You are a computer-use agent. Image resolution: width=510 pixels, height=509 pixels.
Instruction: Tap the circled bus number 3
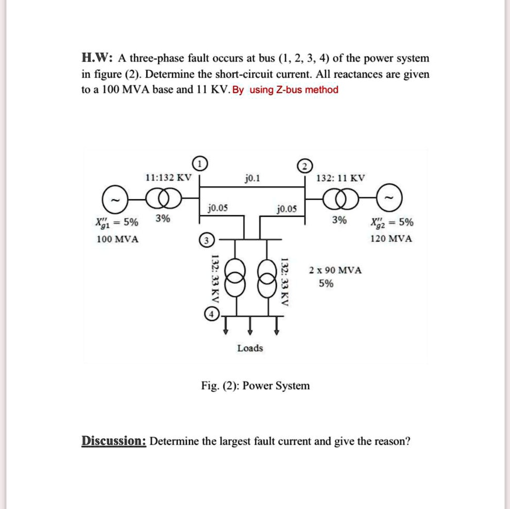pos(205,240)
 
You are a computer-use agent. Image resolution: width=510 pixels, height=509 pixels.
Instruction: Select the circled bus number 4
pos(211,314)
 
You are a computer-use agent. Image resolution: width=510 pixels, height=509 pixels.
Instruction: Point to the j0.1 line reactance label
pos(253,178)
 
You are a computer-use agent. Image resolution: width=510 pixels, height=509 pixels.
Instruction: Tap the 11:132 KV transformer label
pos(168,178)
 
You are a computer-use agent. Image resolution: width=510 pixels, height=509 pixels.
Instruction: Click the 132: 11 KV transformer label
pos(341,178)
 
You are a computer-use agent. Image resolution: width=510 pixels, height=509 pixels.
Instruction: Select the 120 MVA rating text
pos(390,239)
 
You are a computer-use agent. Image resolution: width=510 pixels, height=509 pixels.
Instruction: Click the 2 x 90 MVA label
pos(335,270)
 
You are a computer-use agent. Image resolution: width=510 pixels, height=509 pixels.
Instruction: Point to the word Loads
pos(250,348)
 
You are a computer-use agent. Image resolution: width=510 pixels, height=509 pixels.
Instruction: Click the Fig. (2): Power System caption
pos(255,386)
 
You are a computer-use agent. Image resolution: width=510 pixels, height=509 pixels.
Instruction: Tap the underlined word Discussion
pos(114,441)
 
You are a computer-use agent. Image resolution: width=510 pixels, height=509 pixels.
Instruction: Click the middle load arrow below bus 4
pos(250,326)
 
